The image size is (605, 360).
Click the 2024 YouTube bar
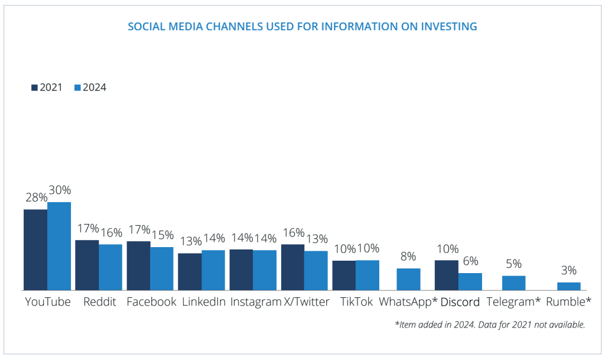59,247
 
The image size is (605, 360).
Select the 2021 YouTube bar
35,250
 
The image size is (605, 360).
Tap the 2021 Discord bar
447,275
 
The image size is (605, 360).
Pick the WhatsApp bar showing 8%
408,280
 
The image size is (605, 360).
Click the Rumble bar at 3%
569,287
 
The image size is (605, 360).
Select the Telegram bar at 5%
513,283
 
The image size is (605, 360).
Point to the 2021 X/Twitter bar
292,267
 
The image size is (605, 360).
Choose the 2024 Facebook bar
162,269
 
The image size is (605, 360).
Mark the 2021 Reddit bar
87,265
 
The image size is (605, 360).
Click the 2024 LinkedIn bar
213,270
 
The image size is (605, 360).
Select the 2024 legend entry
90,87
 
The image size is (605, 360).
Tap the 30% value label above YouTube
60,190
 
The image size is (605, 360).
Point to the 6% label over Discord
470,261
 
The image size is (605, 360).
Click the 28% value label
36,198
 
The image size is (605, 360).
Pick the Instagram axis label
255,302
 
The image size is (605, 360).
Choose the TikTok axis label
356,302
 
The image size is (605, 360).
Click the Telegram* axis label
513,302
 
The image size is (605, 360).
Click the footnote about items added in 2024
490,325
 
